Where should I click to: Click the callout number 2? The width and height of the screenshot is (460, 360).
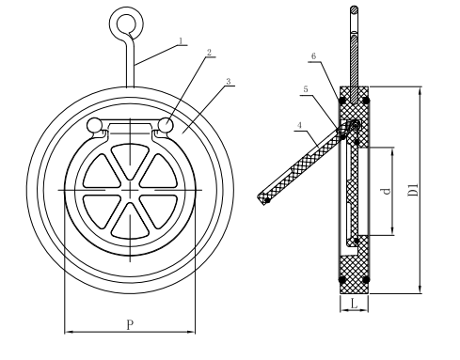[209, 53]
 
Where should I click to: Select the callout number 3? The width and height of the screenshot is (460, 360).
[229, 83]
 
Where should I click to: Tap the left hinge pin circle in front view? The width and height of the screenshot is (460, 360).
[94, 126]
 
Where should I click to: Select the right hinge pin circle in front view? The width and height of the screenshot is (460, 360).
[167, 125]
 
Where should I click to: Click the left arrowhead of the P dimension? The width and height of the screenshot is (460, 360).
[67, 331]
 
